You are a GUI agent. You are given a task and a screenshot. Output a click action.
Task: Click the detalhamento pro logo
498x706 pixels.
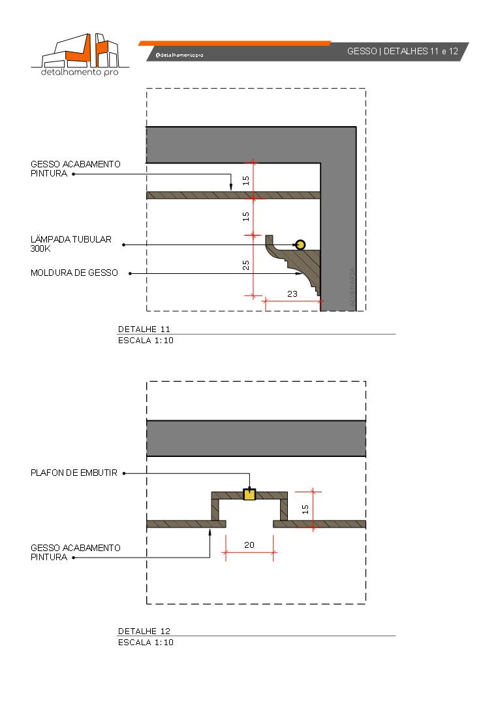pos(80,54)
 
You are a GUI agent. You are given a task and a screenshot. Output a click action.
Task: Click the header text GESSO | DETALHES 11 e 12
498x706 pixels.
pos(402,51)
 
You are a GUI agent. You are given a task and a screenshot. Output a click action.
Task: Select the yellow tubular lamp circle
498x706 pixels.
pos(300,245)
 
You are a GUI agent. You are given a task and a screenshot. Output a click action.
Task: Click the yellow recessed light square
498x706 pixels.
pos(249,494)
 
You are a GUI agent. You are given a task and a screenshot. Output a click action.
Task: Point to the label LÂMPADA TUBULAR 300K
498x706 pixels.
pos(71,244)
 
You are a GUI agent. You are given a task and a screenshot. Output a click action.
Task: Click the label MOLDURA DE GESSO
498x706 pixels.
pos(74,273)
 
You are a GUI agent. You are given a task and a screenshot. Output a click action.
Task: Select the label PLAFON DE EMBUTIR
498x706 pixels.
pos(74,473)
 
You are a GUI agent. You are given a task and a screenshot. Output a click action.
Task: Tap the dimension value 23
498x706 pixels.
pos(292,294)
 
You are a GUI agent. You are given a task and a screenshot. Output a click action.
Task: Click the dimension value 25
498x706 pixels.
pos(245,265)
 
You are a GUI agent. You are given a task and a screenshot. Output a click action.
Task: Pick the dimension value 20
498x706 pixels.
pos(249,544)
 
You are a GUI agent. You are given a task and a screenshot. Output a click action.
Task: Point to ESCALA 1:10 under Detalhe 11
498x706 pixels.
pos(146,340)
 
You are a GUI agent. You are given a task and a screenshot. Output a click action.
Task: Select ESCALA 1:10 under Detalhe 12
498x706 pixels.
pos(146,642)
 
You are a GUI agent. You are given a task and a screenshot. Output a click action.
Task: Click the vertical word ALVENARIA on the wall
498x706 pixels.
pos(353,288)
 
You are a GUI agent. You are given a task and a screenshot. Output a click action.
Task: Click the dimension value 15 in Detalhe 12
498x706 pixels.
pos(305,509)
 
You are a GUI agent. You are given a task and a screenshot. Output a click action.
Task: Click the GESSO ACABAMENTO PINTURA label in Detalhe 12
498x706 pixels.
pos(75,552)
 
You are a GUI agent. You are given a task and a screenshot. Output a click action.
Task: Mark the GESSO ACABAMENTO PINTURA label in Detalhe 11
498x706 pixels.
pos(75,169)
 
